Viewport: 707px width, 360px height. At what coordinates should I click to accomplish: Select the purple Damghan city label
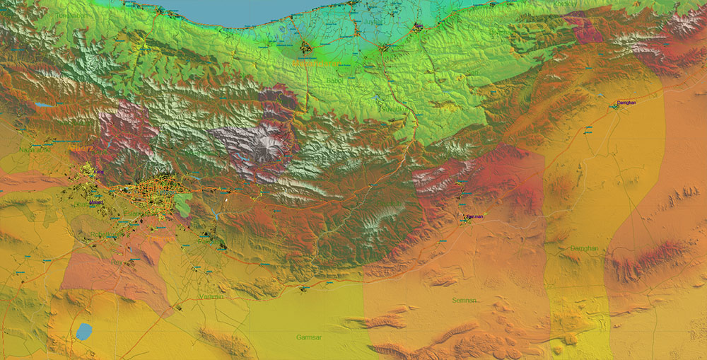pos(626,103)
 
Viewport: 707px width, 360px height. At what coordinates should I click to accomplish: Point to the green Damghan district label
pos(584,248)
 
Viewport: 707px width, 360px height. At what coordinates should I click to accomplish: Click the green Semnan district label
pos(464,301)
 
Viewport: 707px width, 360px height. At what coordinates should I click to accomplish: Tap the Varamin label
pos(211,296)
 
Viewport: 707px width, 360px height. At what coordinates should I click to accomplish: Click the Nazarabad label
pos(36,149)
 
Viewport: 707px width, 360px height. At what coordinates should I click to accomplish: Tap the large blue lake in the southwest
pos(84,331)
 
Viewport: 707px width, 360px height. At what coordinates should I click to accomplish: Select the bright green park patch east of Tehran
pos(182,205)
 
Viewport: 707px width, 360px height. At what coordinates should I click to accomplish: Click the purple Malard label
pos(96,203)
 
